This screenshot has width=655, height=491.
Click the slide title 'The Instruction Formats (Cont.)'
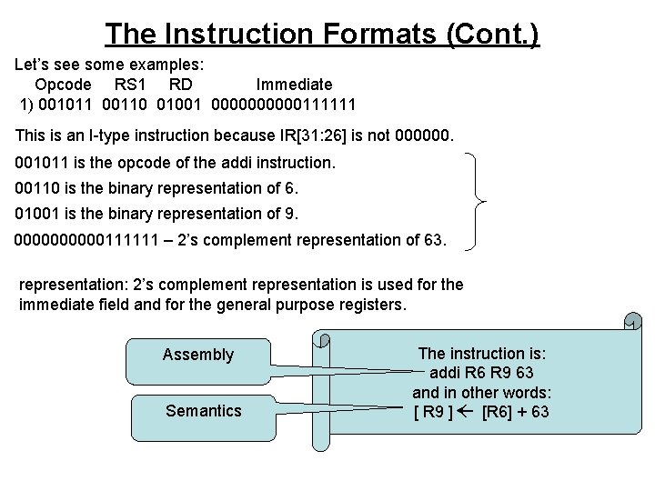[x=322, y=34]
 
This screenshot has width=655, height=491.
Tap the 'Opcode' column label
[x=63, y=85]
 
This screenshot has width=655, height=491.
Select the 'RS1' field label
[x=132, y=85]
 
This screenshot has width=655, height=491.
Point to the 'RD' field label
[x=181, y=85]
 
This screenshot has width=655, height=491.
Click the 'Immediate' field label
[x=294, y=85]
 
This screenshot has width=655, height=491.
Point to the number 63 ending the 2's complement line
[x=433, y=240]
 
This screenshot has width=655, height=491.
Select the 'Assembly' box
[x=197, y=355]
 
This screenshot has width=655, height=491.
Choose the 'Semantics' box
[x=203, y=411]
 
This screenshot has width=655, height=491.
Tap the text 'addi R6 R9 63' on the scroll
[x=481, y=373]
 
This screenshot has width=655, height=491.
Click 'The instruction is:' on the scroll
[x=481, y=353]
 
